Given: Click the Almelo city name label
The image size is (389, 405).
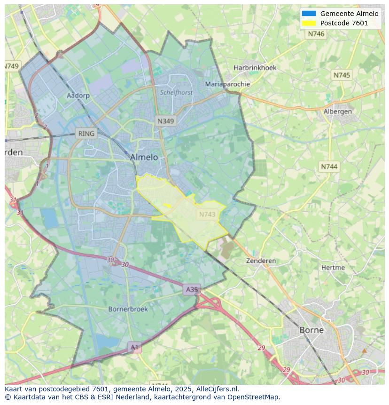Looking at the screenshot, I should pyautogui.click(x=144, y=157).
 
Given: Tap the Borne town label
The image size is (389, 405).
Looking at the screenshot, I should pyautogui.click(x=311, y=330).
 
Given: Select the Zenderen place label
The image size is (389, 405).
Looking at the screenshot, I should pyautogui.click(x=261, y=261).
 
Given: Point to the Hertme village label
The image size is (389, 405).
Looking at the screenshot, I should pyautogui.click(x=333, y=268).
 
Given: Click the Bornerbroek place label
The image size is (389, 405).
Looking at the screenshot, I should pyautogui.click(x=128, y=309).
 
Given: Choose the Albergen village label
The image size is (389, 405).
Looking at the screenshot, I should pyautogui.click(x=338, y=111).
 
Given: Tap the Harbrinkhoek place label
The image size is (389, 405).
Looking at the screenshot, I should pyautogui.click(x=255, y=68).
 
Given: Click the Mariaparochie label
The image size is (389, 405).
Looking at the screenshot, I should pyautogui.click(x=227, y=84).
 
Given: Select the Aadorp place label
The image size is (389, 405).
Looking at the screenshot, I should pyautogui.click(x=78, y=95).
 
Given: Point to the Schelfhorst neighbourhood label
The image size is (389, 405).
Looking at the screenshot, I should pyautogui.click(x=176, y=93).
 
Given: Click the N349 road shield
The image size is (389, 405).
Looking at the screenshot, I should pyautogui.click(x=165, y=121).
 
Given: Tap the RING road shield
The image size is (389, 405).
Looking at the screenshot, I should pyautogui.click(x=86, y=134).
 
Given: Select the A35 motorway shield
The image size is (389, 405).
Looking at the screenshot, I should pyautogui.click(x=192, y=289).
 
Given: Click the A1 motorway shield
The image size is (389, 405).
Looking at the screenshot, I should pyautogui.click(x=135, y=347).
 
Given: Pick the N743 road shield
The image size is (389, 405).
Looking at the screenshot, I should pyautogui.click(x=207, y=214).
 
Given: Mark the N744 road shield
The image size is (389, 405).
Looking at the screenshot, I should pyautogui.click(x=329, y=167).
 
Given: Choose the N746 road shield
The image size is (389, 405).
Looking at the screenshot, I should pyautogui.click(x=316, y=34).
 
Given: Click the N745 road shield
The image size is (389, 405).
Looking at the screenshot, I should pyautogui.click(x=342, y=75).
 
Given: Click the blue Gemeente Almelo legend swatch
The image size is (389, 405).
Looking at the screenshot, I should pyautogui.click(x=309, y=14).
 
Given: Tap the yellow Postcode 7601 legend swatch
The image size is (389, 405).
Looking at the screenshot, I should pyautogui.click(x=309, y=23).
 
